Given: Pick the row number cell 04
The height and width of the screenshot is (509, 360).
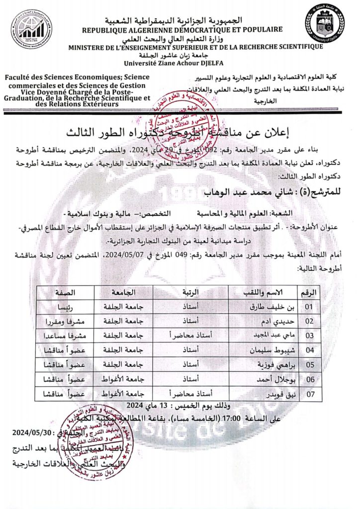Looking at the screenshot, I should [x=310, y=350].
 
